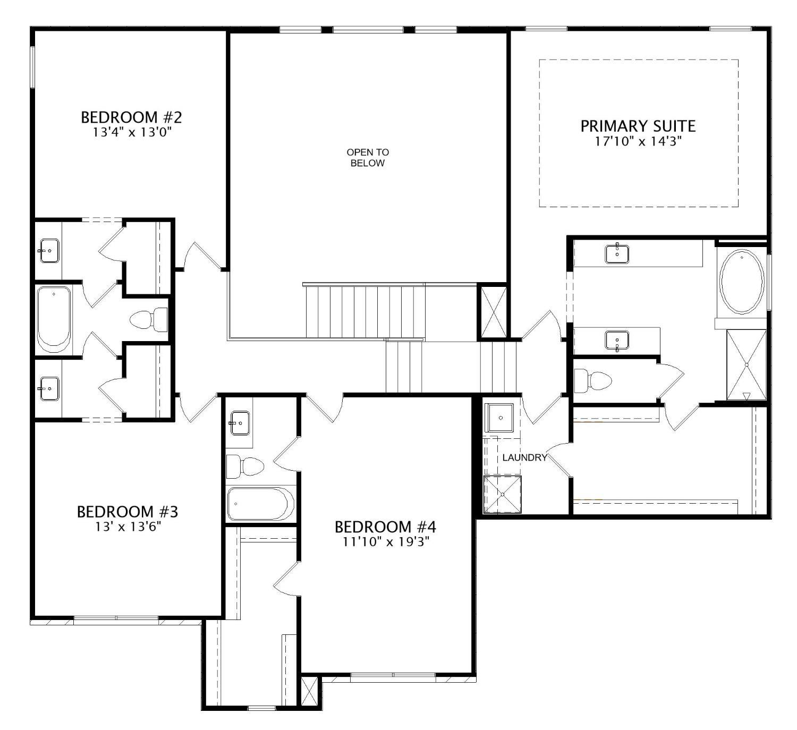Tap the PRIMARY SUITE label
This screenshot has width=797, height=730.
(x=638, y=126)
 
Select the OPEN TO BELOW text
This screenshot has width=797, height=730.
(x=367, y=158)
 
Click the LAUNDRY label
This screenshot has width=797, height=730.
(x=524, y=457)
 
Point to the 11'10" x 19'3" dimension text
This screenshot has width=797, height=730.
(x=385, y=542)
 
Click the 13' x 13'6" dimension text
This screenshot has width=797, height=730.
(x=127, y=527)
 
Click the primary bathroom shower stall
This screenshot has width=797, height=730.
(x=747, y=364)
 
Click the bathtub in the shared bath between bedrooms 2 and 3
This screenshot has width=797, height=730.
(x=53, y=319)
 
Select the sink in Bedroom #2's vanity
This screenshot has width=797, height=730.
(x=49, y=250)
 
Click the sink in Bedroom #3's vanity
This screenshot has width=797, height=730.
(x=49, y=389)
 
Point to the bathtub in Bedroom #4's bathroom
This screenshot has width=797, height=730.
(x=260, y=503)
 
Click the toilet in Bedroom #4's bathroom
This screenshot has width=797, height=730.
(x=245, y=467)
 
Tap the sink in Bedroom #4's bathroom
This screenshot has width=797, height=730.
(x=240, y=423)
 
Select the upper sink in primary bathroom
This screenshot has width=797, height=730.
(x=617, y=253)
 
